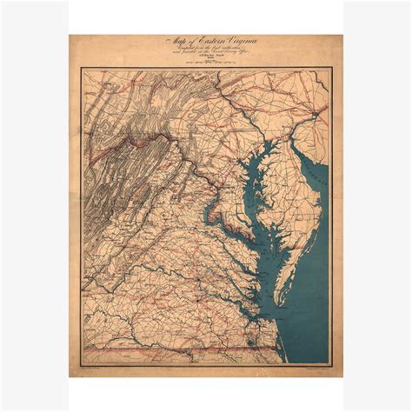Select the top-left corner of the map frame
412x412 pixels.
pyautogui.click(x=83, y=70)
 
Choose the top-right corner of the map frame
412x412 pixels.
pyautogui.click(x=330, y=70)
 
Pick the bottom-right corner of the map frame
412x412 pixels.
pyautogui.click(x=330, y=363)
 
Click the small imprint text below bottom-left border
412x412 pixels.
pyautogui.click(x=96, y=368)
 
